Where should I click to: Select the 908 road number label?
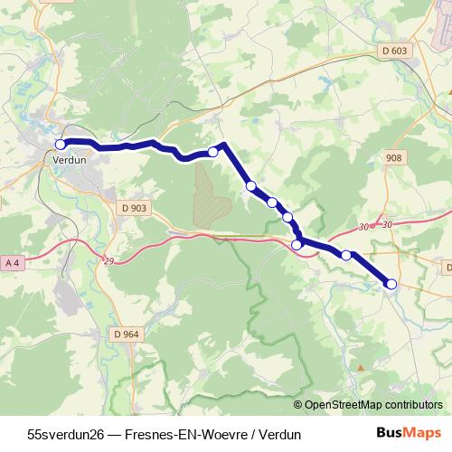tap(392, 157)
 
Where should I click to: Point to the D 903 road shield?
tap(131, 208)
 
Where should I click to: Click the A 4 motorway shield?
tap(12, 262)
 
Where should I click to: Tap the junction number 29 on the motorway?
tap(108, 261)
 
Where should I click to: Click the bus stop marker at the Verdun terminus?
tap(61, 144)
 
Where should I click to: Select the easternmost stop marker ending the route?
tap(391, 284)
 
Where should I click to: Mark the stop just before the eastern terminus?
tap(345, 255)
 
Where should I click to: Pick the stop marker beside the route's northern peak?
tap(213, 151)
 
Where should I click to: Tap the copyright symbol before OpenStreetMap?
tap(298, 404)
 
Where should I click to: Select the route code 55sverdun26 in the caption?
tap(66, 434)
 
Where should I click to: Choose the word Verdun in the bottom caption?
tap(279, 434)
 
